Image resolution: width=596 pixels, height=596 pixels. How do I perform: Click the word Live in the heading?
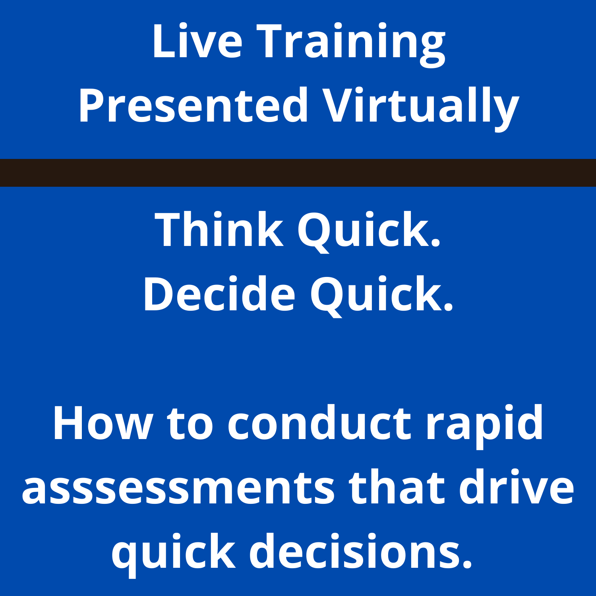tap(197, 42)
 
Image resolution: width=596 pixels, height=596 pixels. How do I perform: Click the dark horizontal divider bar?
tap(298, 173)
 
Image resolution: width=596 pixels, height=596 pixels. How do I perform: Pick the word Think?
tap(219, 230)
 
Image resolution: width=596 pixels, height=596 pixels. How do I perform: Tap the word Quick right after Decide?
tap(381, 295)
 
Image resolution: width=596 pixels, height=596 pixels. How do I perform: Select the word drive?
tap(517, 487)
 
